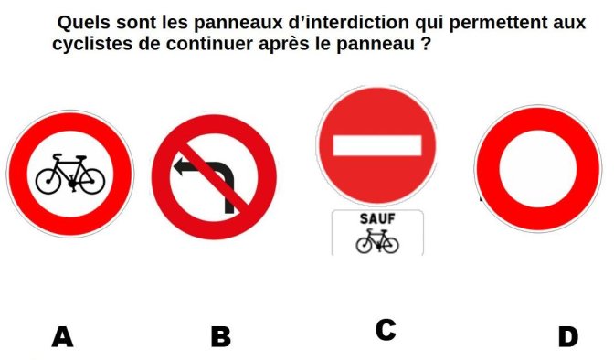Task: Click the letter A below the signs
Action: [x=63, y=337]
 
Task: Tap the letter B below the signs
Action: [x=221, y=337]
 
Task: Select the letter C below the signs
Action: [x=386, y=330]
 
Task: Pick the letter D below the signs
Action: [x=568, y=337]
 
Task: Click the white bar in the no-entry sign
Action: [x=377, y=145]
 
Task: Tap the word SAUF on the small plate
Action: [x=377, y=219]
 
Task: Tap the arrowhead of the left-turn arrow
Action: [x=180, y=167]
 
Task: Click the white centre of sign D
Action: [x=538, y=169]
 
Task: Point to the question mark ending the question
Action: [x=427, y=43]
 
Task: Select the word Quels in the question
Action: [x=84, y=23]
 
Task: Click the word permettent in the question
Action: [x=499, y=24]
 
